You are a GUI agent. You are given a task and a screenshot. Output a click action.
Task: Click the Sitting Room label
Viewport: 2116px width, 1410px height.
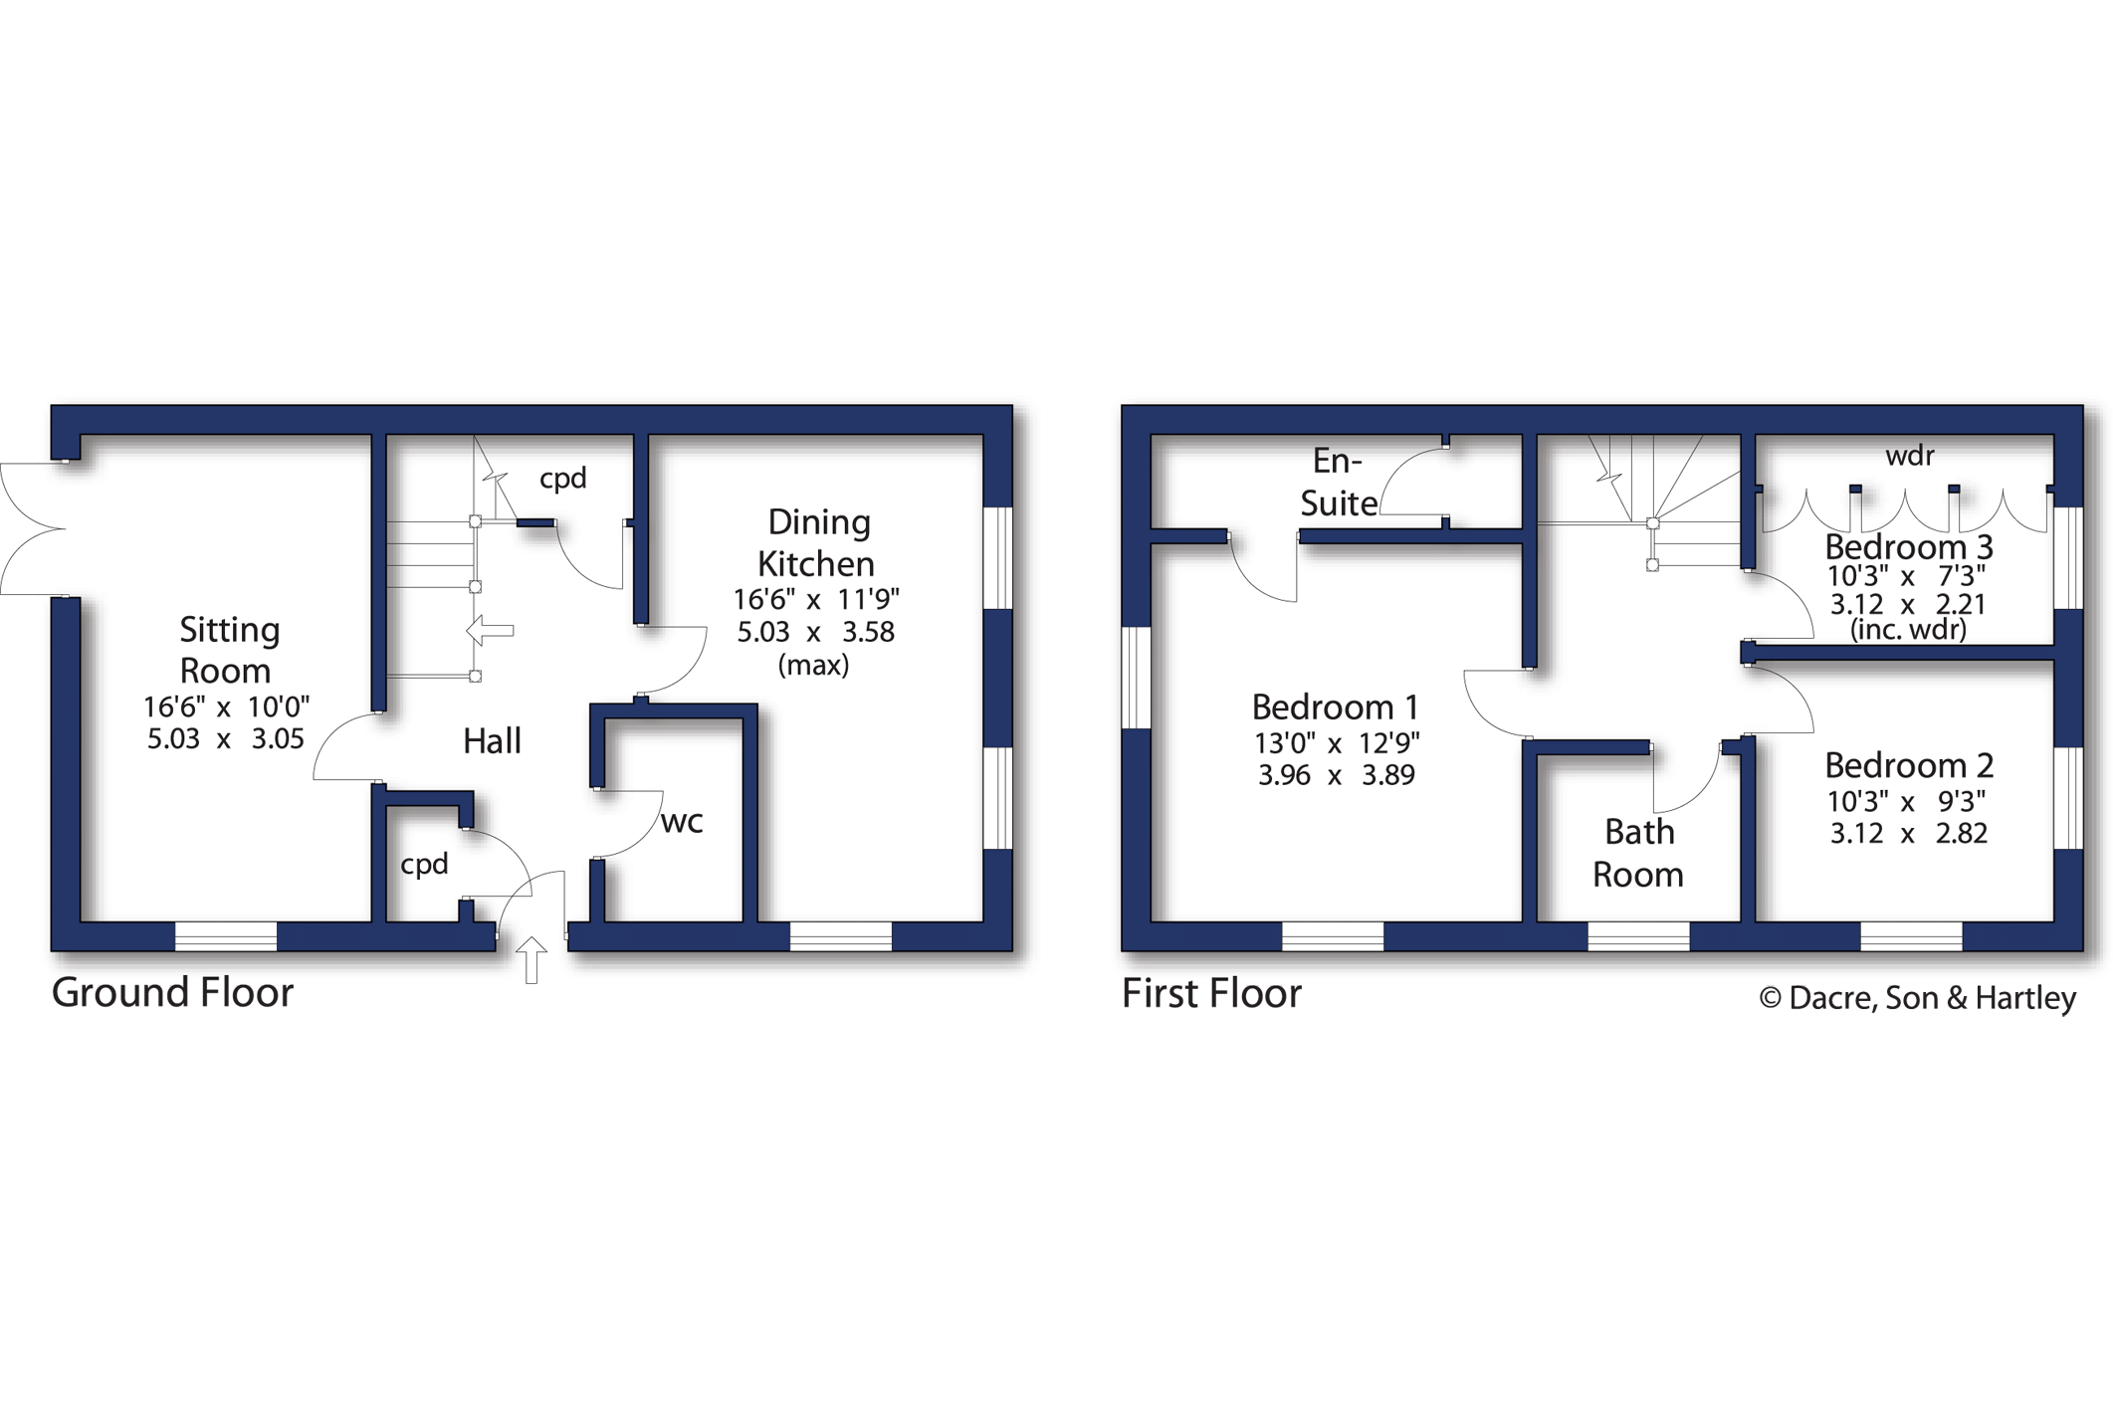coord(228,650)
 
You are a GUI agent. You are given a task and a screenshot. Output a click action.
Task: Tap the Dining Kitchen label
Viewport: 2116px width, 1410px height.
coord(817,542)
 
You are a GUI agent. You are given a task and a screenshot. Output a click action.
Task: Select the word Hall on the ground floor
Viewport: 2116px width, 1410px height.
coord(492,740)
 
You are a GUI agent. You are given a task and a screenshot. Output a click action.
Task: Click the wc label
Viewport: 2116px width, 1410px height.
coord(682,822)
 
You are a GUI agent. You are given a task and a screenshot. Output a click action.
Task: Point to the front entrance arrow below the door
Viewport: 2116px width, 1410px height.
coord(531,959)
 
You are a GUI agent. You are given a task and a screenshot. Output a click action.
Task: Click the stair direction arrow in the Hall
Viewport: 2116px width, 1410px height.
coord(490,630)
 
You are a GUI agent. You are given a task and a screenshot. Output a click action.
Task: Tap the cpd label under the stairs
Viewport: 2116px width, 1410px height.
coord(562,480)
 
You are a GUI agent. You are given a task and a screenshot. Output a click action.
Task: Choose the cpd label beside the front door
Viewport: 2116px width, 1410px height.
coord(424,865)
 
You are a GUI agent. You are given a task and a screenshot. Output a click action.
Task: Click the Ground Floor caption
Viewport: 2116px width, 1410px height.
coord(172,992)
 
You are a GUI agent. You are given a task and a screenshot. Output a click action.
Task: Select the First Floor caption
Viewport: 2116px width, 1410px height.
coord(1211,993)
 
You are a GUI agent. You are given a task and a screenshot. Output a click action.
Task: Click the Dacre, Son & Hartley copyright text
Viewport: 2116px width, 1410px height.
coord(1918,998)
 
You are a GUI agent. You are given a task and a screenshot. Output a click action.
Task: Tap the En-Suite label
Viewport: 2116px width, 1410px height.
coord(1339,482)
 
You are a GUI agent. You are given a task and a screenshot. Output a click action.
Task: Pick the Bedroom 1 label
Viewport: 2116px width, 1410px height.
coord(1335,707)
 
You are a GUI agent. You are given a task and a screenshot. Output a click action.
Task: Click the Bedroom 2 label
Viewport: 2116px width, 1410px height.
coord(1909,765)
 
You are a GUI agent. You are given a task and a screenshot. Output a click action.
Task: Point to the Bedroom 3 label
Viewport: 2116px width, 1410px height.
coord(1909,546)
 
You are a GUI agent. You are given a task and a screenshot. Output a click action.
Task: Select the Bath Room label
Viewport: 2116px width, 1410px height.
coord(1638,853)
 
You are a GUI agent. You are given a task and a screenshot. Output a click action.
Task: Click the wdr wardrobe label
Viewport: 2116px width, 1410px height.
coord(1910,456)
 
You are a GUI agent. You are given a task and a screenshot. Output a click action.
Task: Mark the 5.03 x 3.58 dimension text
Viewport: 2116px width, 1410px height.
coord(815,632)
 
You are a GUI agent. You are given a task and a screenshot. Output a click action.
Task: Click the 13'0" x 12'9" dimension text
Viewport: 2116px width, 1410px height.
coord(1337,742)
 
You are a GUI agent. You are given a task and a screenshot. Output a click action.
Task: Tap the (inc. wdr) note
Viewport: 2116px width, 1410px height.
coord(1908,629)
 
